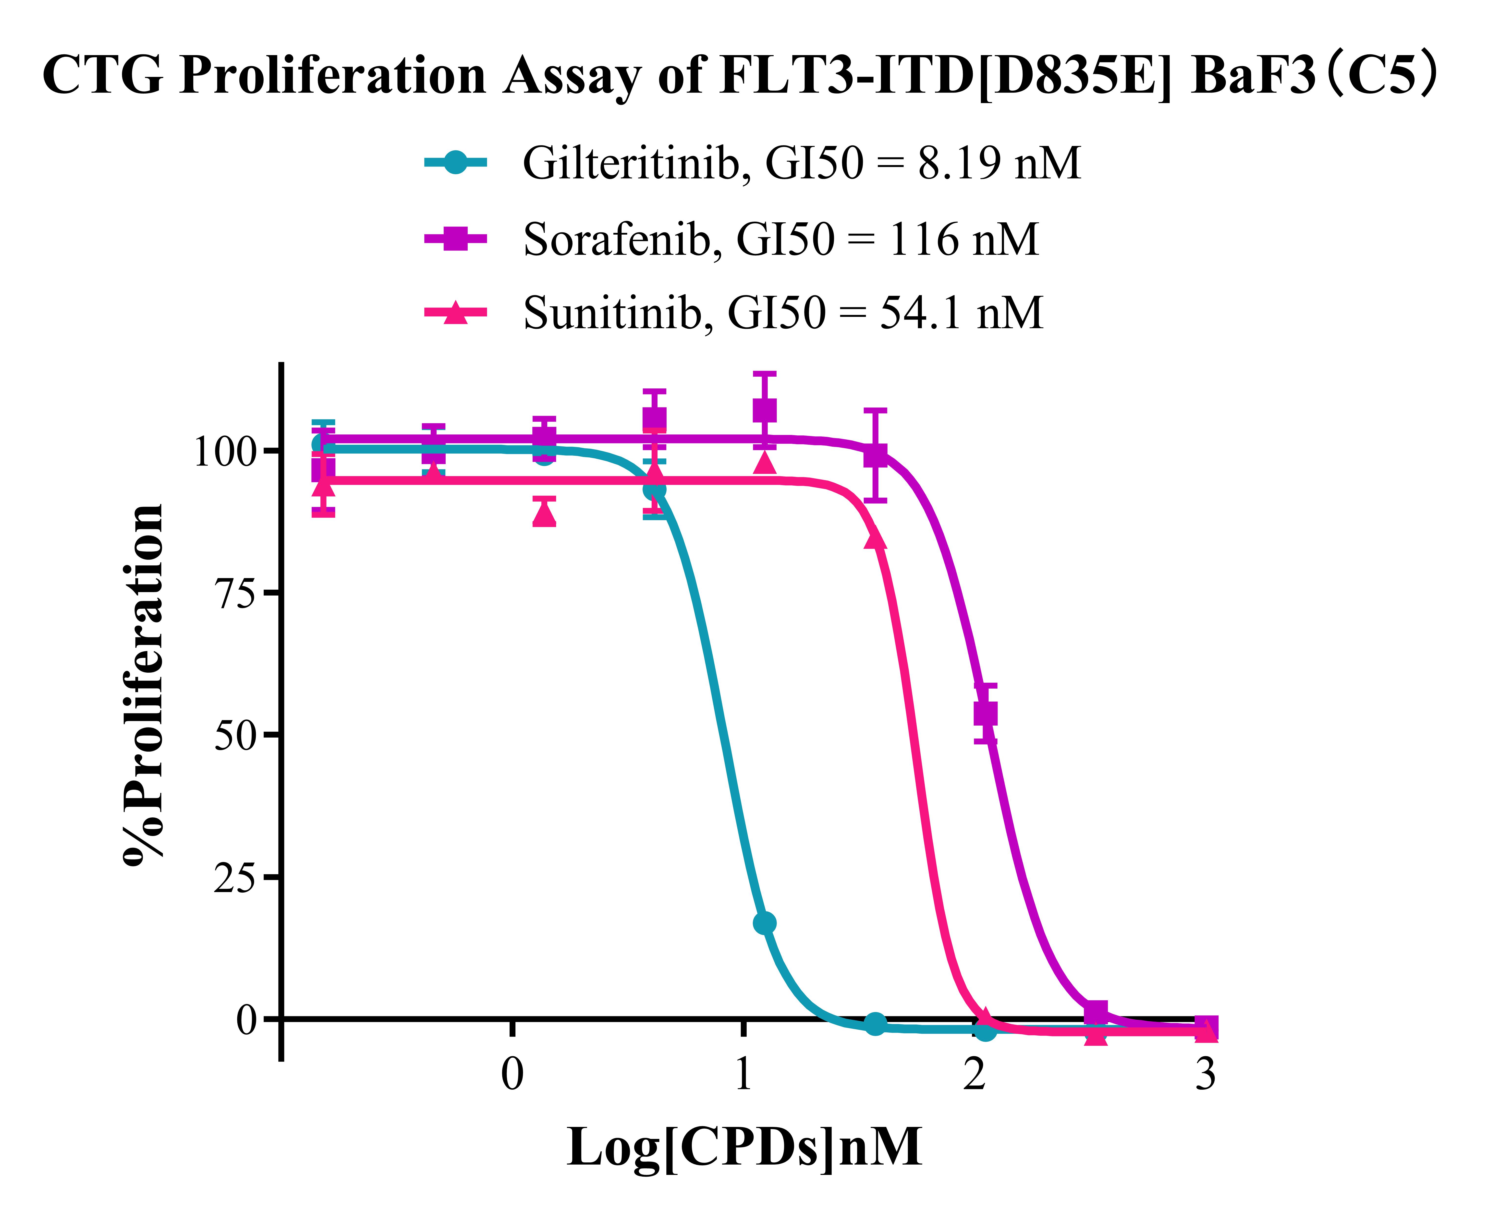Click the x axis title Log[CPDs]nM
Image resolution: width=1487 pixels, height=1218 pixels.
coord(744,1147)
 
